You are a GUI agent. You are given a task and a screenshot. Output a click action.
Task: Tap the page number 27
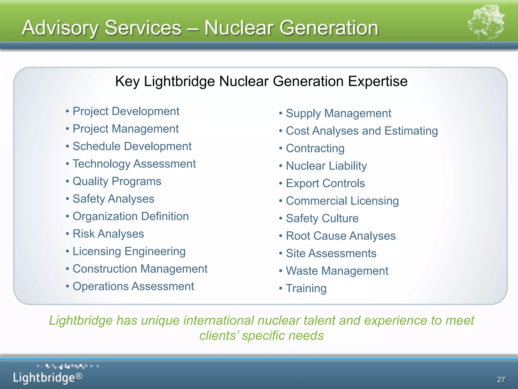[x=501, y=380]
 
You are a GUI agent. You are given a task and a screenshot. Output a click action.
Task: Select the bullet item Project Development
[x=126, y=111]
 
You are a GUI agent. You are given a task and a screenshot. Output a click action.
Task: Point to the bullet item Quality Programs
[x=117, y=181]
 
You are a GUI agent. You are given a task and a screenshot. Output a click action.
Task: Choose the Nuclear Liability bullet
[x=326, y=166]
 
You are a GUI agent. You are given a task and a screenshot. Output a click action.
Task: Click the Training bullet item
[x=306, y=288]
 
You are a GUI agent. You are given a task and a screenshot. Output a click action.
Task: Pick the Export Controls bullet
[x=325, y=183]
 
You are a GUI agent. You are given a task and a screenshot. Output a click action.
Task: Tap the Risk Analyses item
[x=108, y=234]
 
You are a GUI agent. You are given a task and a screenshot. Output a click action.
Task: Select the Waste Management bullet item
[x=337, y=271]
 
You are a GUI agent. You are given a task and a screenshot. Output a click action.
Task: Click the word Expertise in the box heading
[x=377, y=82]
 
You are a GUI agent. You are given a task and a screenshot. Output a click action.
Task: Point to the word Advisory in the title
[x=60, y=28]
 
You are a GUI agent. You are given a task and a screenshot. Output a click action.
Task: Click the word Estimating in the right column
[x=411, y=131]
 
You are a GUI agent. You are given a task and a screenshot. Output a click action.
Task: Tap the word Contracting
[x=315, y=148]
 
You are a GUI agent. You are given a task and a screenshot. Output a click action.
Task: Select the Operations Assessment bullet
[x=133, y=286]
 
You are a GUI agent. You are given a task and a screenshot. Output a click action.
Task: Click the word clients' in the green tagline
[x=219, y=336]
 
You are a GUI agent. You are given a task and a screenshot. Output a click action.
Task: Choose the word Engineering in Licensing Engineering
[x=155, y=251]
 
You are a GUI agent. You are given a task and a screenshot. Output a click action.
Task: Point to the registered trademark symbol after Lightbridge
[x=79, y=376]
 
